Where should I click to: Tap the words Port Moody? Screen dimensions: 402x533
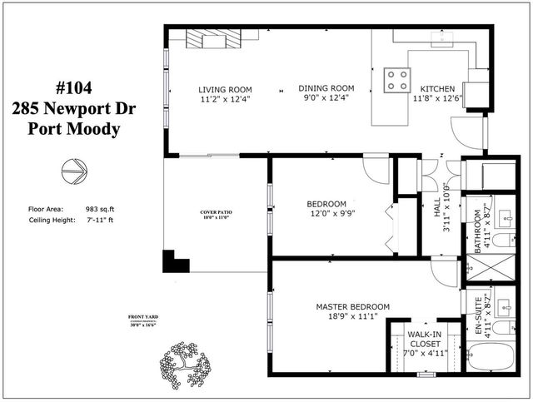(74, 129)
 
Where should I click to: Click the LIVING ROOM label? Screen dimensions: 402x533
(225, 89)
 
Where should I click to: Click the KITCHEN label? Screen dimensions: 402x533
(438, 89)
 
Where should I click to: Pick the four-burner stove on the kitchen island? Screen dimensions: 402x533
(397, 80)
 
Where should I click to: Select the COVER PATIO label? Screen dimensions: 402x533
(216, 213)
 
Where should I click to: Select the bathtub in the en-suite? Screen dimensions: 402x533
(491, 358)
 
